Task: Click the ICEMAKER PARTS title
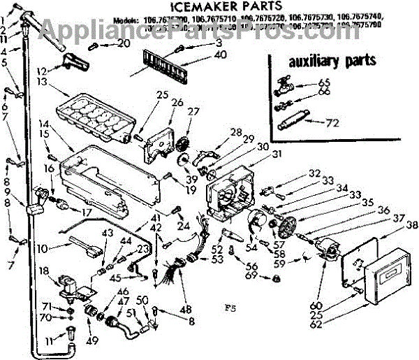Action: tap(210, 9)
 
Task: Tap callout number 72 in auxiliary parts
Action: tap(333, 123)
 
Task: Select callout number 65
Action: tap(323, 82)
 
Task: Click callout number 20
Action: tap(123, 43)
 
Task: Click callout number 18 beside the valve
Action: tap(43, 271)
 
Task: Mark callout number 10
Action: tap(43, 249)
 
